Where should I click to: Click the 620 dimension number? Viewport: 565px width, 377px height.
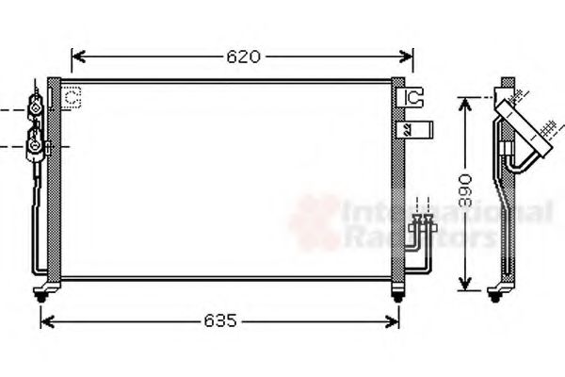coord(242,56)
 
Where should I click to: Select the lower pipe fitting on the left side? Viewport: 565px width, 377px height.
coord(35,145)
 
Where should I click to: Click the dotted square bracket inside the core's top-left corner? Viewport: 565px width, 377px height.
coord(73,95)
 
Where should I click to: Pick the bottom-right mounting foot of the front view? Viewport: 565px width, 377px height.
coord(397,294)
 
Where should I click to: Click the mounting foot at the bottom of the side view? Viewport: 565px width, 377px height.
coord(493,294)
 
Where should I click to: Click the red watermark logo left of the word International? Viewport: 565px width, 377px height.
coord(315,223)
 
